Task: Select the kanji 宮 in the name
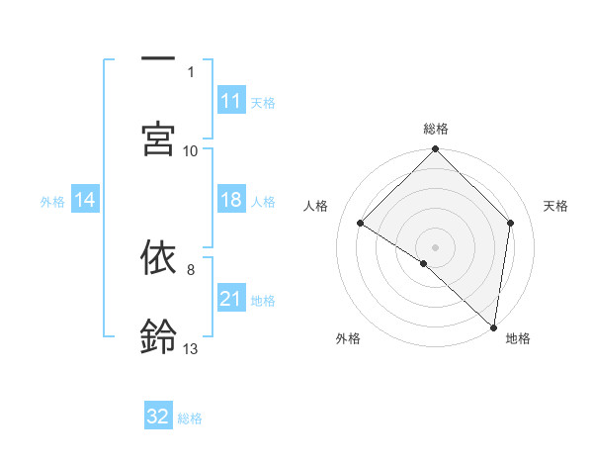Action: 158,139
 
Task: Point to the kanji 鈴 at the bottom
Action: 158,337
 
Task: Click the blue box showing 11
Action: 231,101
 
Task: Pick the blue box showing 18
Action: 231,200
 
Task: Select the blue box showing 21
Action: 231,299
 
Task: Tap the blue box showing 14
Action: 85,200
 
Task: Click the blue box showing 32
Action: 158,417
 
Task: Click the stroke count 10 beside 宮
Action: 191,151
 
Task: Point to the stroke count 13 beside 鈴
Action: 191,349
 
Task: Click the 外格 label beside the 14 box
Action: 52,201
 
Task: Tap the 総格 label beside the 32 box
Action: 190,418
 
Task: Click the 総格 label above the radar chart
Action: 436,129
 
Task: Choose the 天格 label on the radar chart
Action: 556,206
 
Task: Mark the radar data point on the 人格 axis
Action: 361,224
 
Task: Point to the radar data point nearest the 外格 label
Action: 424,263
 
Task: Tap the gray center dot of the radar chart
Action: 436,246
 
